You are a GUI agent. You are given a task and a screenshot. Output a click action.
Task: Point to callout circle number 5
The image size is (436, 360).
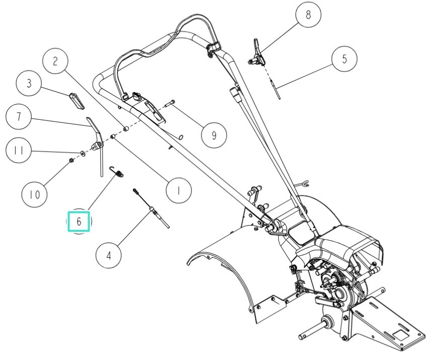click(344, 58)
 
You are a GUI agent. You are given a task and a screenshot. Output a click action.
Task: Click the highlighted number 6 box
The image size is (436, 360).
click(79, 221)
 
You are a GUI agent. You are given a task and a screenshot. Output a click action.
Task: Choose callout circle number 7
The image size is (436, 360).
click(19, 117)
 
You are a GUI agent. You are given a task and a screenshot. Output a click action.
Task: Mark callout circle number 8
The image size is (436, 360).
click(309, 15)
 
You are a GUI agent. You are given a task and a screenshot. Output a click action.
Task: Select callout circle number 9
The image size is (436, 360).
click(213, 134)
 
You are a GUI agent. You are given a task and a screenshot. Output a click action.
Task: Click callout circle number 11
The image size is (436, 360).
click(19, 150)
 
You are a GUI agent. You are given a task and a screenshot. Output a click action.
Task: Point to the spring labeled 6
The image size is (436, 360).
click(119, 173)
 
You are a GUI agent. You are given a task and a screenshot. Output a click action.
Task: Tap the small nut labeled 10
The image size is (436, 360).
click(72, 160)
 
